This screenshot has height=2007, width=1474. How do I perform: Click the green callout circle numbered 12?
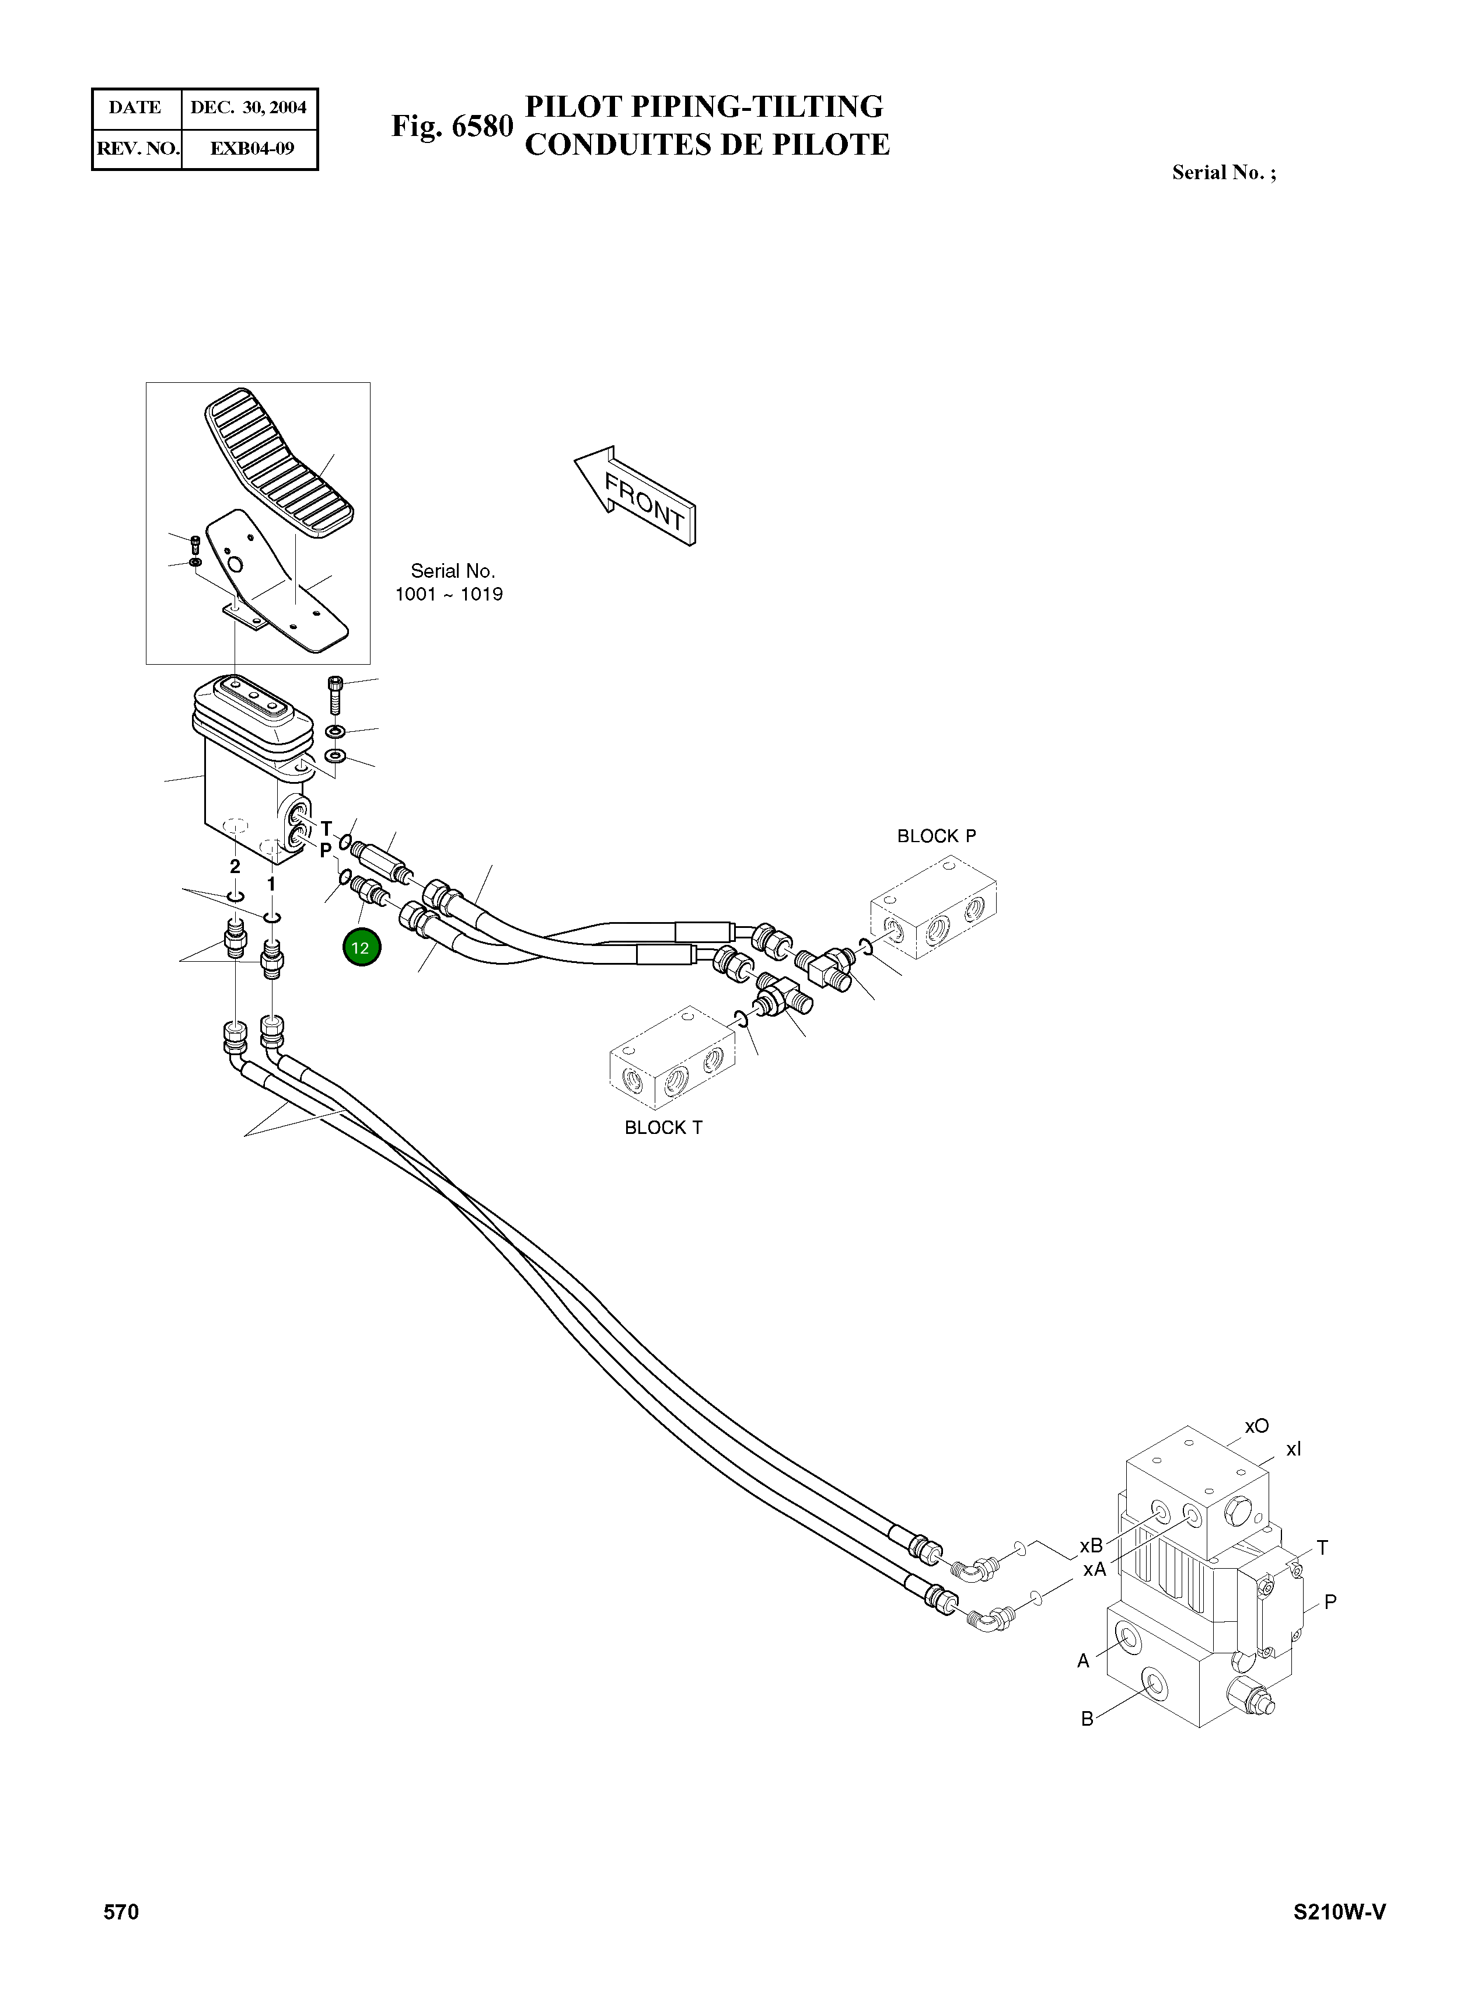361,948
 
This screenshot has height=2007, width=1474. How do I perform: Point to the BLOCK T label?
663,1128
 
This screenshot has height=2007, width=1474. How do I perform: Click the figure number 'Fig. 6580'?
452,126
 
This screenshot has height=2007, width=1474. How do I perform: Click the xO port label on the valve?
1256,1426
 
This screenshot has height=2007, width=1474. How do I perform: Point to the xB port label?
1091,1545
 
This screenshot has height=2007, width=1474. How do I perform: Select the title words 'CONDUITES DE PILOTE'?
707,145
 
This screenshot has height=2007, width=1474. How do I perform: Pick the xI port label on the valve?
1293,1450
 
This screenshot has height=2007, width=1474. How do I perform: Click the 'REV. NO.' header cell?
137,148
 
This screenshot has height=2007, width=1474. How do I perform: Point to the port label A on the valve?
1083,1661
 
